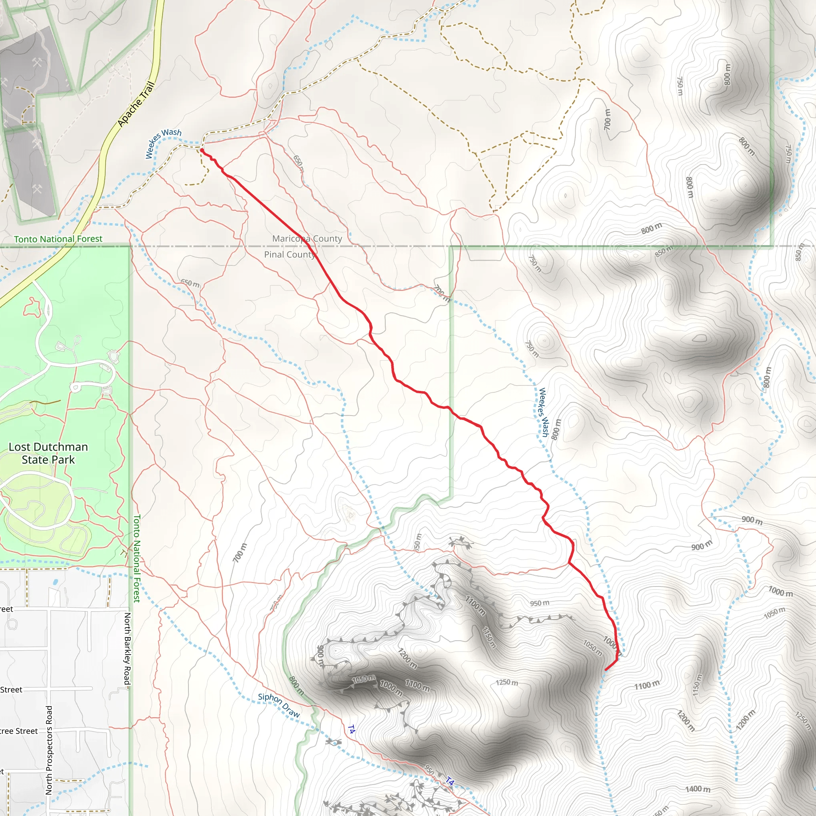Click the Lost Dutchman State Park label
48,453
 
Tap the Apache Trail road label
136,104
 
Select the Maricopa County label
307,239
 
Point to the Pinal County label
290,254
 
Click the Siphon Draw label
279,705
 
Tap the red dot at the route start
202,150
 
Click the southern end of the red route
606,669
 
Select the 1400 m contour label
697,789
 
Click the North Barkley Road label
127,649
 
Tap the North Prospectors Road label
49,750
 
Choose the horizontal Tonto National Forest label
58,239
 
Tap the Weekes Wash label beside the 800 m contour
543,412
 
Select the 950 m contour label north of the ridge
539,603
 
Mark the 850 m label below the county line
664,251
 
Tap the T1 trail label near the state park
124,553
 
